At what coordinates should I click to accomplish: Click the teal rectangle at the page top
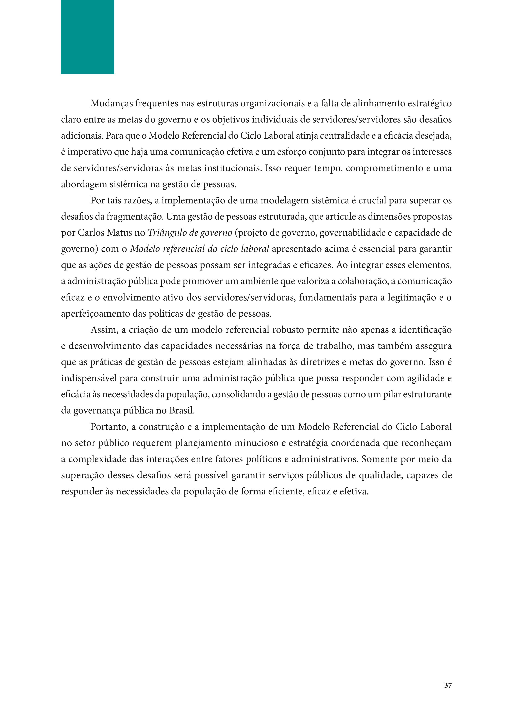click(x=87, y=37)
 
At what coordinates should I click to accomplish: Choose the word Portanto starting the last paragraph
click(x=109, y=427)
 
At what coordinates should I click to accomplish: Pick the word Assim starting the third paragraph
click(x=104, y=330)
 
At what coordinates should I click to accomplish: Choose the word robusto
click(x=288, y=330)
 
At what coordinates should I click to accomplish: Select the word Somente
click(x=379, y=459)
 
